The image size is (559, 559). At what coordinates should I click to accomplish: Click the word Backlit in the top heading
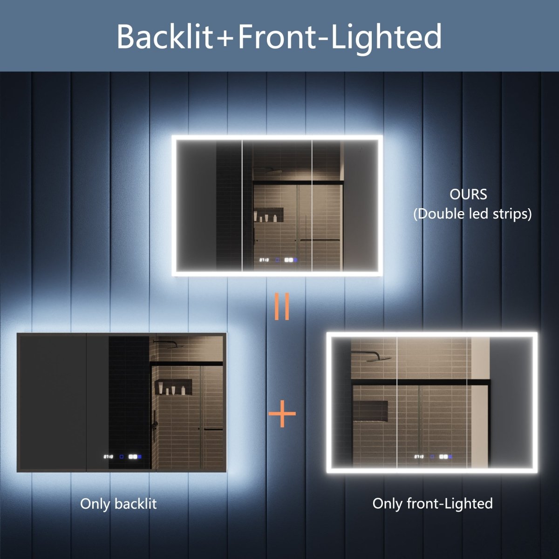tap(164, 37)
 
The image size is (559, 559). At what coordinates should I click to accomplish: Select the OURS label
tap(468, 194)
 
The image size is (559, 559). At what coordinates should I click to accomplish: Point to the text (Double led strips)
tap(472, 214)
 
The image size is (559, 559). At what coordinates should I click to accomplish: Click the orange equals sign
tap(282, 306)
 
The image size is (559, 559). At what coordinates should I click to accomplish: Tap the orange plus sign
tap(282, 414)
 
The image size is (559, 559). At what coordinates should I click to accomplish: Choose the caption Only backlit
tap(118, 504)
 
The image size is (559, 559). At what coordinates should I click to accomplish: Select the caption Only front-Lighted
tap(432, 504)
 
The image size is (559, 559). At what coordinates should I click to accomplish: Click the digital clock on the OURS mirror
tap(264, 261)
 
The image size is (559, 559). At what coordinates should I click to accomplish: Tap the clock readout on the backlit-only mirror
tap(108, 457)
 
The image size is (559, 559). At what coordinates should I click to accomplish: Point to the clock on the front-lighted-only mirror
tap(419, 457)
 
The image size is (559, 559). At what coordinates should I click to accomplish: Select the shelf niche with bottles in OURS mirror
tap(268, 215)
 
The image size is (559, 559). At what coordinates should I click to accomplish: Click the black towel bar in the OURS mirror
tap(319, 240)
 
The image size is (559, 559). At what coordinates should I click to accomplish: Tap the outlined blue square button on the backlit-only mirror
tap(121, 457)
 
